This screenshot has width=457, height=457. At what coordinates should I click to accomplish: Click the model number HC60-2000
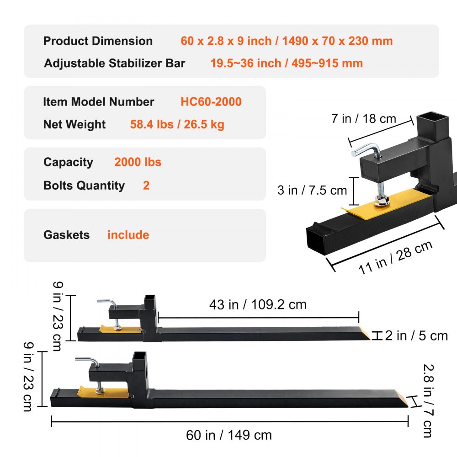click(211, 101)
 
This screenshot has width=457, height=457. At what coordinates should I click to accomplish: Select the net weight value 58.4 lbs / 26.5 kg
click(177, 124)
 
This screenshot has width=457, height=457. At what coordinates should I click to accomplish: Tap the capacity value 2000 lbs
click(138, 162)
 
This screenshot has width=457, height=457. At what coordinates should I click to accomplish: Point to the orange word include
click(128, 235)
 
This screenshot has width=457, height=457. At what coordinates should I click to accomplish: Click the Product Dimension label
click(98, 41)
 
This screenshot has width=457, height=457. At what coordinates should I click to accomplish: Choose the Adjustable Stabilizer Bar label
click(114, 63)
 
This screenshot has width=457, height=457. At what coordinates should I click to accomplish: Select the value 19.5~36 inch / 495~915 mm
click(286, 63)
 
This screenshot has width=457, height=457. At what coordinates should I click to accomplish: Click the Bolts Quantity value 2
click(146, 186)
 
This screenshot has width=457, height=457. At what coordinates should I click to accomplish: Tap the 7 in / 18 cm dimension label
click(363, 119)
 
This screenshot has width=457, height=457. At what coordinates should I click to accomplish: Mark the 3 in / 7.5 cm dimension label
click(312, 190)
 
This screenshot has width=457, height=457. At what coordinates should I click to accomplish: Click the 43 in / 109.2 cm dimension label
click(258, 304)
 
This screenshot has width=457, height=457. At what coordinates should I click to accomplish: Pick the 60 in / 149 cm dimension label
click(228, 435)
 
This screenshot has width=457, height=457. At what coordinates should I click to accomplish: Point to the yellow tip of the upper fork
click(364, 334)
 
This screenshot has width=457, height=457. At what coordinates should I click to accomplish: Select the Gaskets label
click(66, 235)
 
